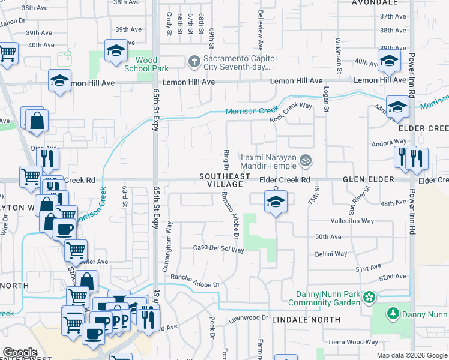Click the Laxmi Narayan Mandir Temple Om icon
pyautogui.click(x=305, y=160)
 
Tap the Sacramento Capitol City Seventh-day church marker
pyautogui.click(x=194, y=61)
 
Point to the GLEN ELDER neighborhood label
pyautogui.click(x=368, y=179)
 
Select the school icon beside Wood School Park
pyautogui.click(x=116, y=51)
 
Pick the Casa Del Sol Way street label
pyautogui.click(x=218, y=248)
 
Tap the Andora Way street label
pyautogui.click(x=390, y=143)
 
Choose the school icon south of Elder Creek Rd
pyautogui.click(x=276, y=202)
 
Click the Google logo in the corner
pyautogui.click(x=19, y=353)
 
